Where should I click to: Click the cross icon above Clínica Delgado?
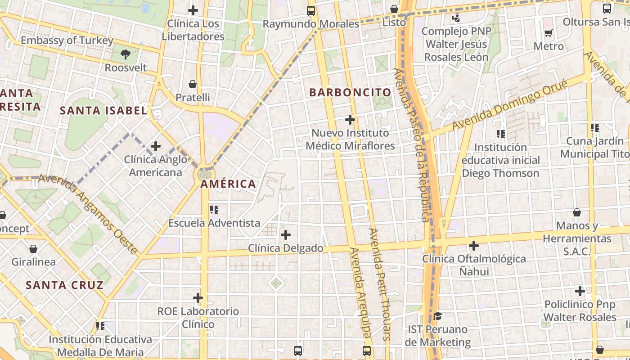click(286, 235)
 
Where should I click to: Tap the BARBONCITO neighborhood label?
click(350, 93)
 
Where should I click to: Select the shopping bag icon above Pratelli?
click(193, 84)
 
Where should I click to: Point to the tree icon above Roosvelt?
click(126, 55)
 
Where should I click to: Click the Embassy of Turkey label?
click(67, 40)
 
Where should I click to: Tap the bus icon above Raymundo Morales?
click(311, 11)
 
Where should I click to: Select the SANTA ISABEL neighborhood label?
click(103, 110)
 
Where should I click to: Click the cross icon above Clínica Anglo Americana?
click(156, 146)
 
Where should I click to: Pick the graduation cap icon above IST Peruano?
click(437, 316)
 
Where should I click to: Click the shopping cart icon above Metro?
click(548, 33)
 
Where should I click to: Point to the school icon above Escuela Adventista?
click(214, 209)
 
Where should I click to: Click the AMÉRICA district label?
click(228, 184)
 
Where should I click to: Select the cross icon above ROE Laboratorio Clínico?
click(198, 298)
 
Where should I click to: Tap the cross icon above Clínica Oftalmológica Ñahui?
click(474, 246)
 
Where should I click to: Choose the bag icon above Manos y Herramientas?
click(577, 212)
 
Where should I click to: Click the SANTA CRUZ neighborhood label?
click(64, 285)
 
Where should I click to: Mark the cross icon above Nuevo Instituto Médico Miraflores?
click(350, 120)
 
